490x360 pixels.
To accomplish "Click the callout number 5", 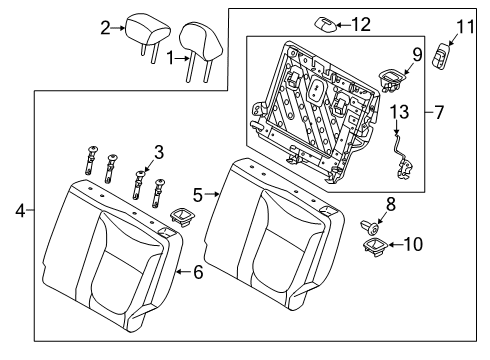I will pyautogui.click(x=198, y=194).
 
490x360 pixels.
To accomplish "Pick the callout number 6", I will pyautogui.click(x=197, y=271).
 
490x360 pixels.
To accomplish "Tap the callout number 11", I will pyautogui.click(x=462, y=24).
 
